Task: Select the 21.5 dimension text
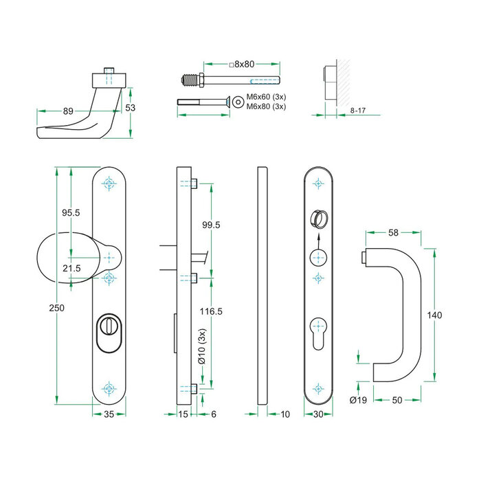pyautogui.click(x=71, y=267)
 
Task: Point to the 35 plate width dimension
pyautogui.click(x=109, y=414)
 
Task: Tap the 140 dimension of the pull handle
pyautogui.click(x=434, y=315)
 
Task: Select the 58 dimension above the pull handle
pyautogui.click(x=394, y=233)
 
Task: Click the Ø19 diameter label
pyautogui.click(x=357, y=400)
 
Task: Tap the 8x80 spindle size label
pyautogui.click(x=241, y=64)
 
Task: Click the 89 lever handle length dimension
pyautogui.click(x=67, y=110)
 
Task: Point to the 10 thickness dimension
pyautogui.click(x=286, y=414)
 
